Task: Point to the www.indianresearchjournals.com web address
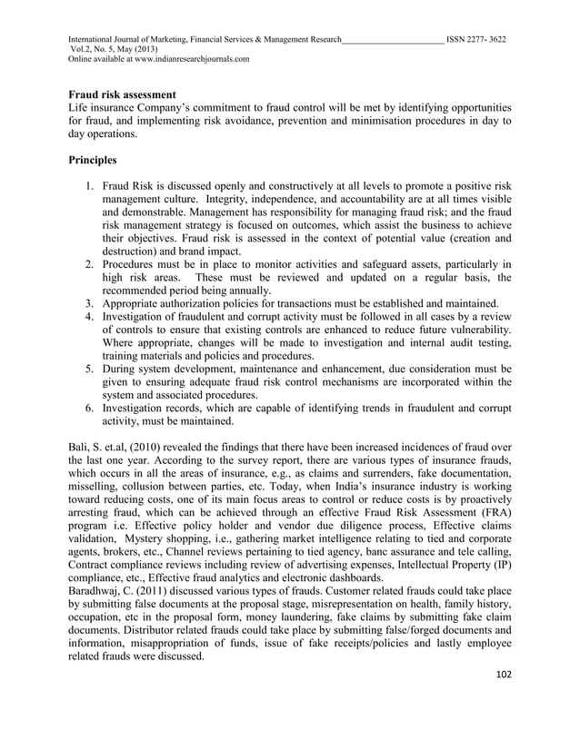pos(190,59)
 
